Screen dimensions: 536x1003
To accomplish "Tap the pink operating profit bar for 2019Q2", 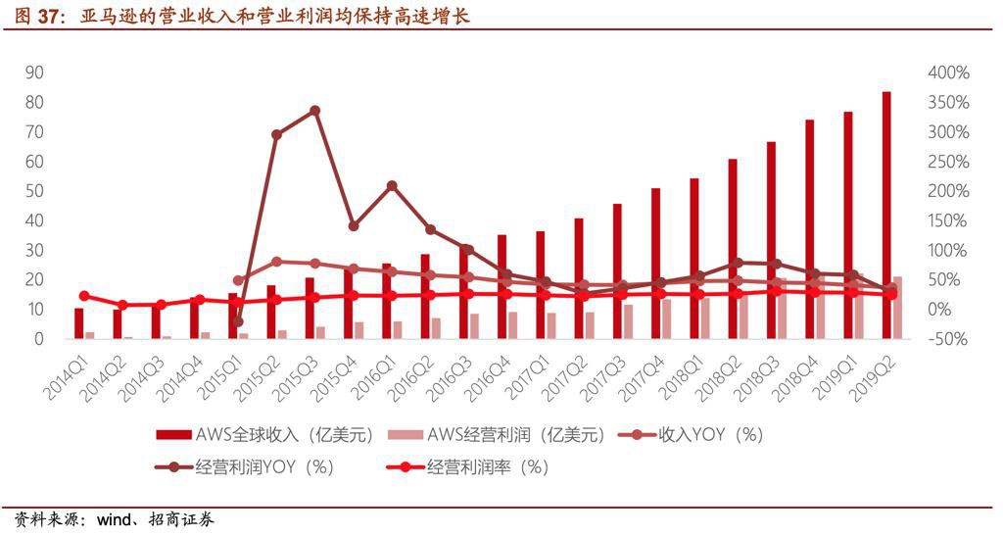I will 898,308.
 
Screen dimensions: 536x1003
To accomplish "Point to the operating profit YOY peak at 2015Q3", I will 314,111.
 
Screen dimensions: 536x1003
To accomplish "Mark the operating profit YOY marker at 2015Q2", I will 276,134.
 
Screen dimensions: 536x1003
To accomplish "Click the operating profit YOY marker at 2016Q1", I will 392,185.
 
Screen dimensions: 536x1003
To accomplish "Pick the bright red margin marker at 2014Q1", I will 84,296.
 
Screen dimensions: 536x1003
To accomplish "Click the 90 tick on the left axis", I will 34,73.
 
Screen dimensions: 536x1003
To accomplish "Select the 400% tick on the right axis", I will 947,73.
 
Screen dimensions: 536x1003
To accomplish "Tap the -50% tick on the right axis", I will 947,339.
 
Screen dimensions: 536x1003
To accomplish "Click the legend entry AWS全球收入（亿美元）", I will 264,435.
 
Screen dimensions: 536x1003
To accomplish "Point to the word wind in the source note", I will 115,519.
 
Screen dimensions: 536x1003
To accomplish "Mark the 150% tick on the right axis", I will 947,220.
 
